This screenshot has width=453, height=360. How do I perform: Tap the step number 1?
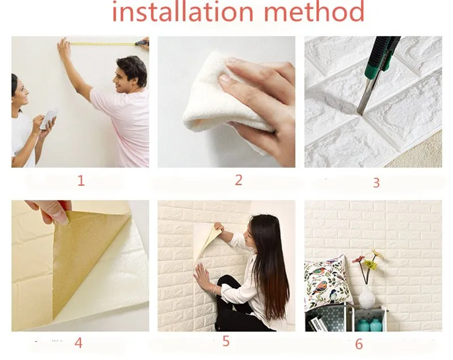click(81, 181)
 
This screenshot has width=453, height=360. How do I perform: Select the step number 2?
click(238, 180)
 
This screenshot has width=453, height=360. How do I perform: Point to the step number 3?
click(376, 182)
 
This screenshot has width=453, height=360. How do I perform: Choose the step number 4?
click(79, 342)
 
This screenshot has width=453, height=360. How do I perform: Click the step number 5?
click(226, 341)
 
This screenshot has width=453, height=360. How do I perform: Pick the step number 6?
click(359, 344)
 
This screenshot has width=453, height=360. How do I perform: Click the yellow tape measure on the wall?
click(103, 44)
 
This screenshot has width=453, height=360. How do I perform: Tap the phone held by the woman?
click(48, 119)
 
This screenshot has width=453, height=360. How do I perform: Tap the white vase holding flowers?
click(366, 297)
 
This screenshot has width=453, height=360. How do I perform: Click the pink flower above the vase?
click(359, 259)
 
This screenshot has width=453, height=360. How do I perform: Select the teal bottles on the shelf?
click(370, 324)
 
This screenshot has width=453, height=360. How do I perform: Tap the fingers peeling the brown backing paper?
click(52, 212)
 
